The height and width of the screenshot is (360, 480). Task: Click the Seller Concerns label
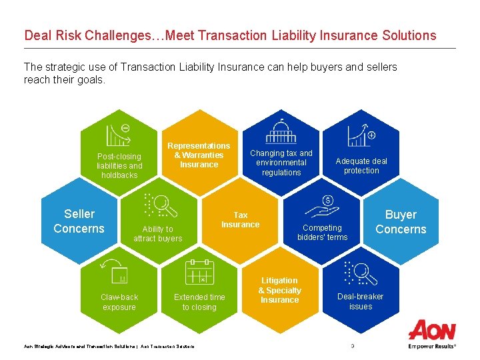79,221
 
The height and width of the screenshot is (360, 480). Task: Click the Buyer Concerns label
400,222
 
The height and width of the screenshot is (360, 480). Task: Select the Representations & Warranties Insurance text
199,155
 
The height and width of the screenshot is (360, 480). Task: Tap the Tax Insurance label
240,220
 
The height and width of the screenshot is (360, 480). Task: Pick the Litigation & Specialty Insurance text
279,291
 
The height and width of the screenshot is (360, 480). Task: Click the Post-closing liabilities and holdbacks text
119,166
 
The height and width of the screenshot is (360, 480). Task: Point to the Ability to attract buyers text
157,234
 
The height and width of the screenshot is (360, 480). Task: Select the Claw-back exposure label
119,302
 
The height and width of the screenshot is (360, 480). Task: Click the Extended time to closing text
199,302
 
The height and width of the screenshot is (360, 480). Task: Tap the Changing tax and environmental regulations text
281,163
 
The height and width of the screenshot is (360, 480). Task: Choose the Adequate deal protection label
361,166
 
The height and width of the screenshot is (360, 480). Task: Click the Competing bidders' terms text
322,233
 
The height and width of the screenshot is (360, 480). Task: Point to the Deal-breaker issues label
360,301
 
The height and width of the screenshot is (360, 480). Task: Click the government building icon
281,132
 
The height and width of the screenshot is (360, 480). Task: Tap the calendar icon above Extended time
199,272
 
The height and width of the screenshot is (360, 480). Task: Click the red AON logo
431,331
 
